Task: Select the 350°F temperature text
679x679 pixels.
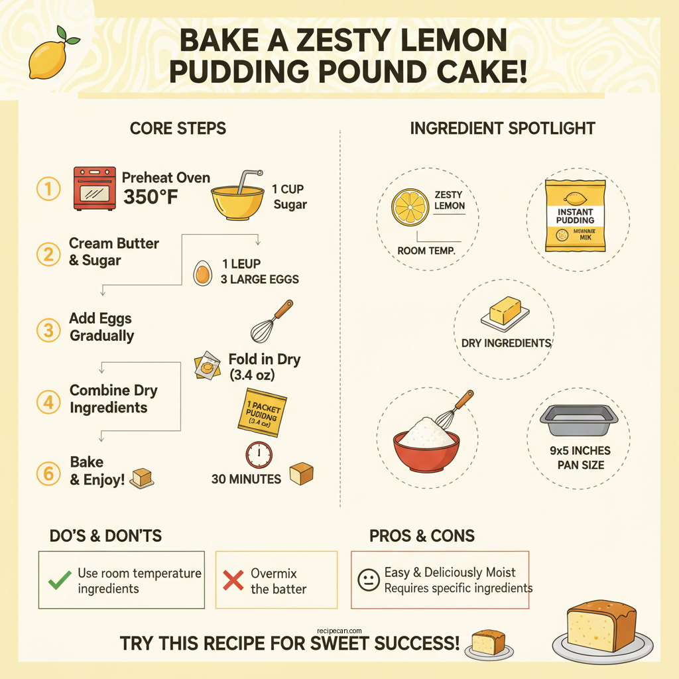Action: pyautogui.click(x=151, y=197)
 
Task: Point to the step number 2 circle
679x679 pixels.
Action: pyautogui.click(x=48, y=253)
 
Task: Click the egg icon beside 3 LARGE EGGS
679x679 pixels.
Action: pyautogui.click(x=202, y=273)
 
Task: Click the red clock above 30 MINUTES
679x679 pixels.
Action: pyautogui.click(x=259, y=455)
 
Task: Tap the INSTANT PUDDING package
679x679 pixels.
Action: pyautogui.click(x=576, y=216)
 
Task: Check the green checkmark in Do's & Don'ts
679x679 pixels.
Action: pyautogui.click(x=60, y=580)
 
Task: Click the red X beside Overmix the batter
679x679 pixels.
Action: pyautogui.click(x=233, y=580)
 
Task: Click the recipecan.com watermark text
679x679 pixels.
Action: pyautogui.click(x=339, y=631)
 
